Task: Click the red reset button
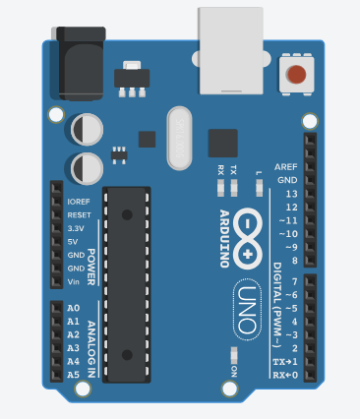(x=295, y=73)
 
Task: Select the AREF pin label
(x=286, y=167)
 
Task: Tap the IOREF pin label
(x=79, y=202)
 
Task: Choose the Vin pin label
(x=74, y=281)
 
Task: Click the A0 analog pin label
(x=73, y=308)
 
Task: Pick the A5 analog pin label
(x=73, y=375)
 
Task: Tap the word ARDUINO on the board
(x=224, y=238)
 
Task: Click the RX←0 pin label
(x=285, y=375)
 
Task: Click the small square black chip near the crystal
(x=223, y=143)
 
